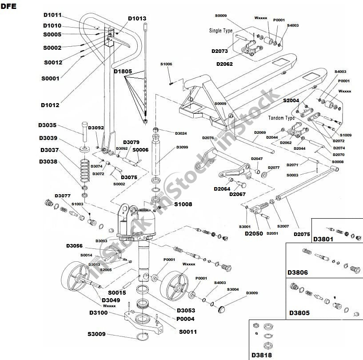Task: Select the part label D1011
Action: (x=52, y=15)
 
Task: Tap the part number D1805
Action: (x=123, y=71)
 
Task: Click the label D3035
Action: (x=47, y=125)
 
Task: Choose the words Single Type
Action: (x=221, y=31)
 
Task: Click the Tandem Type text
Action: (x=282, y=119)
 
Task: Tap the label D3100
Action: (x=98, y=313)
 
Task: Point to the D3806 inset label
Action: (x=298, y=272)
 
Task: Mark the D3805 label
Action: (x=299, y=313)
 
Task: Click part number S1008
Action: (x=183, y=204)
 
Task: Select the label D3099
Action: (x=182, y=147)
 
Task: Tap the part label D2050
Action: (x=254, y=233)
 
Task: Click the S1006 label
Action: (x=166, y=64)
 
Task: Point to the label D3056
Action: (x=75, y=246)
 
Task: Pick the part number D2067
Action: (x=238, y=194)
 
